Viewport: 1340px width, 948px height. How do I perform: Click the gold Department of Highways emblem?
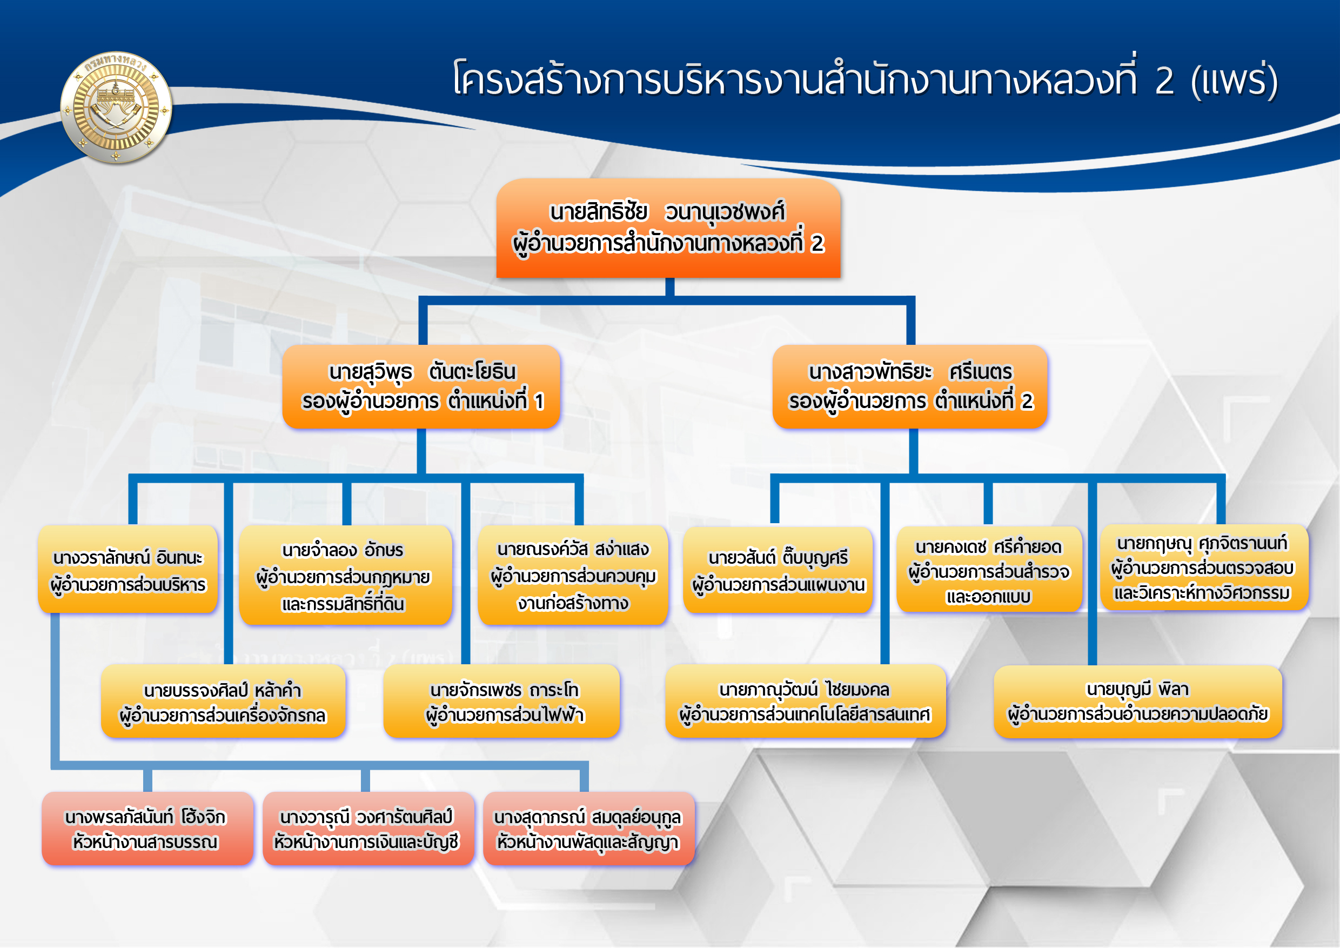[x=116, y=107]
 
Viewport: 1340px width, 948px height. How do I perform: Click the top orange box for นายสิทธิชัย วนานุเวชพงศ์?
[x=668, y=228]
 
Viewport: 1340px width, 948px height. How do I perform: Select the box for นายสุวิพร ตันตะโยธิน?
[x=421, y=386]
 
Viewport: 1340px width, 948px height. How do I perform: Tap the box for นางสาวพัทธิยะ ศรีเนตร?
[x=910, y=386]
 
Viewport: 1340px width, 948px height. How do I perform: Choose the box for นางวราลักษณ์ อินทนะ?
[x=128, y=569]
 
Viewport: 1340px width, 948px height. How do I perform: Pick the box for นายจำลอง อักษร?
[x=345, y=575]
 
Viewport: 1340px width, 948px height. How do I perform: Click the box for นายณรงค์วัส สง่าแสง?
[x=573, y=575]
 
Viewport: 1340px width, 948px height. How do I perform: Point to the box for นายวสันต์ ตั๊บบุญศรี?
[x=778, y=570]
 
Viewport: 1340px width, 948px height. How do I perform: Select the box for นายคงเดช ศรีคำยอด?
[x=989, y=569]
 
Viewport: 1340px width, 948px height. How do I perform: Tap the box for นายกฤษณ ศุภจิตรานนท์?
[x=1204, y=568]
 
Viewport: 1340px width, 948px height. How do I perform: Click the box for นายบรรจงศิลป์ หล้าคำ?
[x=223, y=701]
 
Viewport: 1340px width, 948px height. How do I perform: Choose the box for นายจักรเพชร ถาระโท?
[x=501, y=701]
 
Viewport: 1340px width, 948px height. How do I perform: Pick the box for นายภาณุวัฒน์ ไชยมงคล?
[x=806, y=701]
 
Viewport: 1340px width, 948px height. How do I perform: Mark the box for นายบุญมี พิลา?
[x=1138, y=702]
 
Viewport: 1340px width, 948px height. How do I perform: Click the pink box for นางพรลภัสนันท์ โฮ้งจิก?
[x=147, y=829]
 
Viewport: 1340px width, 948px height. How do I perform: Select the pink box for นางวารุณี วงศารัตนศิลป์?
[x=368, y=829]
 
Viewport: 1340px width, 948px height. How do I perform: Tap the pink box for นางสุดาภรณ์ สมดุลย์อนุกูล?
[x=589, y=829]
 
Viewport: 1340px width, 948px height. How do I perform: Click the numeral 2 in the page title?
[x=1164, y=81]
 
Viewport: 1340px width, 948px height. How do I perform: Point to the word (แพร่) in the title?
[x=1234, y=81]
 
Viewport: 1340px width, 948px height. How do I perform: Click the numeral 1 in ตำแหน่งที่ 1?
[x=539, y=402]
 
